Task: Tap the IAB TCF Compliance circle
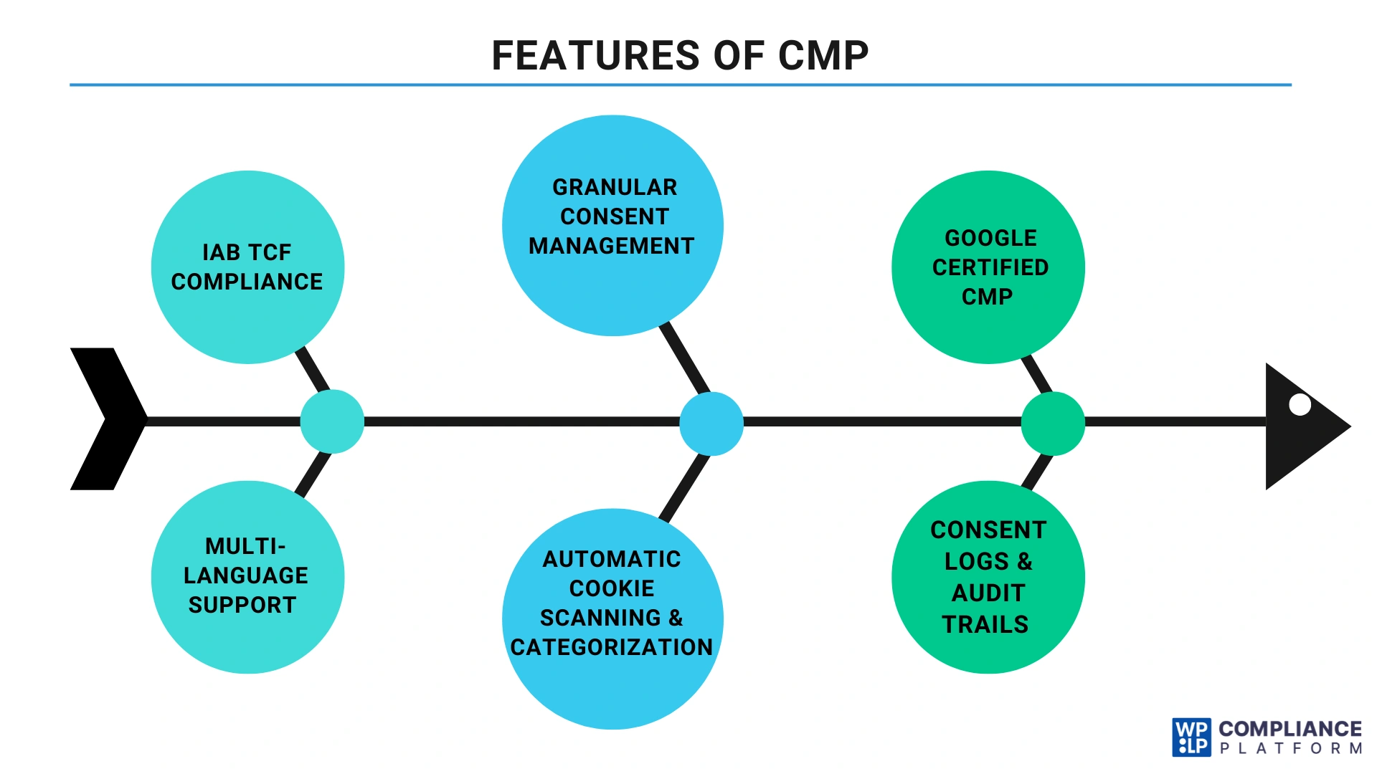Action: (247, 267)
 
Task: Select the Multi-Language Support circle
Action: (247, 577)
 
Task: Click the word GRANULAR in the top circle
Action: (615, 187)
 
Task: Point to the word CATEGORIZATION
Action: (612, 647)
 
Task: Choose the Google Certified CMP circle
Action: (988, 267)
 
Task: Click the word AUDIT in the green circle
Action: (988, 593)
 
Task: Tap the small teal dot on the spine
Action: (332, 421)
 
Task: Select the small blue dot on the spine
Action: (711, 424)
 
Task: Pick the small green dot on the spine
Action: (1052, 424)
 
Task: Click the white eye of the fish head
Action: (1300, 405)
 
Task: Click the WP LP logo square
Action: (1191, 737)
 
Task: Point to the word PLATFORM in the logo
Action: (1290, 749)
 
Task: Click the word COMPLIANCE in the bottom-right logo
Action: (1290, 729)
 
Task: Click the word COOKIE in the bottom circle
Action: (612, 588)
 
